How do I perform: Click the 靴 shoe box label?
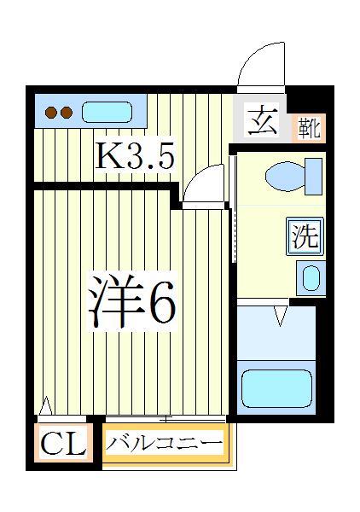pos(308,128)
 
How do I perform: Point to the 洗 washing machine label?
pos(305,236)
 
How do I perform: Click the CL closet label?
pos(64,444)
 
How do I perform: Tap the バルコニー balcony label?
pos(164,443)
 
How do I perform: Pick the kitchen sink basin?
pos(107,112)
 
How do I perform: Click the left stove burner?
pos(50,112)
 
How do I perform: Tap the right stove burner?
pos(65,112)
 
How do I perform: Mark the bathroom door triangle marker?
pos(278,318)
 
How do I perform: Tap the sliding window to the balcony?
pos(165,418)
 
